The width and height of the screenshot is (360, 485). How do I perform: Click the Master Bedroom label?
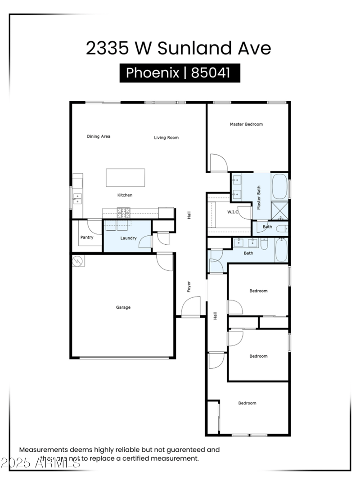click(x=246, y=124)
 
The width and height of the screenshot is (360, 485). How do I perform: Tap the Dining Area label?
click(x=99, y=136)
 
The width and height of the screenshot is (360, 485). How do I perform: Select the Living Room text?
click(x=166, y=138)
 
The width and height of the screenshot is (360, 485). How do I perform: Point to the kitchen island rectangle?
click(x=125, y=177)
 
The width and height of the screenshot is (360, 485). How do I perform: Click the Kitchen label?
click(x=125, y=195)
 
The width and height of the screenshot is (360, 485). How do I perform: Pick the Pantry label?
click(x=86, y=237)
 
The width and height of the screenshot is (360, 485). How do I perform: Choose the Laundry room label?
click(x=128, y=238)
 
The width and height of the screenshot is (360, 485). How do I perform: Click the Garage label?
click(x=123, y=307)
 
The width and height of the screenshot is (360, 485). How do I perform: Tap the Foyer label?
click(x=189, y=287)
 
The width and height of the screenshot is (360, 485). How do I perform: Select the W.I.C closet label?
click(x=233, y=212)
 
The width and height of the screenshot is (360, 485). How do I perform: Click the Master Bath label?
click(x=259, y=198)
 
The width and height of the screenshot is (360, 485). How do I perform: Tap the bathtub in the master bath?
click(x=279, y=187)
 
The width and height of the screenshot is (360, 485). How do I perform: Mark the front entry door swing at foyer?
click(x=191, y=308)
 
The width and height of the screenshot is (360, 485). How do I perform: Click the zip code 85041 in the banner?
click(x=210, y=73)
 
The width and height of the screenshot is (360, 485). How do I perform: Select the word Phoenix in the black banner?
click(x=153, y=73)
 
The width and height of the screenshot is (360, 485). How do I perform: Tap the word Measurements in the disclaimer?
click(x=44, y=449)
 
